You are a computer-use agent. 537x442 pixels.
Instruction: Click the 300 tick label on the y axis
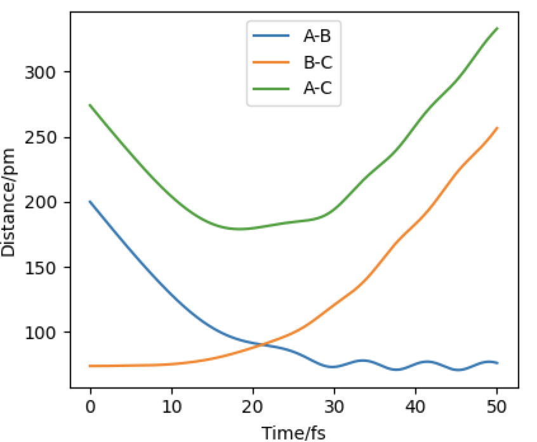point(42,72)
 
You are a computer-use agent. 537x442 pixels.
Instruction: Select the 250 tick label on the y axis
point(42,138)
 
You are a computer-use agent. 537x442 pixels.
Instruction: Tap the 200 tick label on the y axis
point(42,203)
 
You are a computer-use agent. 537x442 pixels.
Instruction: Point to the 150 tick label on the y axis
point(42,268)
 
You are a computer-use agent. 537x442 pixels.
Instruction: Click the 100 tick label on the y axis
point(42,333)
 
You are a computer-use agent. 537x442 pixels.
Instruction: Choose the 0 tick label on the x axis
point(90,405)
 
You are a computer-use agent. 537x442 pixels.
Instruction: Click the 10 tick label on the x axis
point(171,405)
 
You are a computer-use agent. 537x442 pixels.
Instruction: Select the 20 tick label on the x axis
point(253,405)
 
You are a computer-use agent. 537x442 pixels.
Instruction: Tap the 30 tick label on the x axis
point(334,405)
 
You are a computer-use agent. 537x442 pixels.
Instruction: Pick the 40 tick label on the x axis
point(416,405)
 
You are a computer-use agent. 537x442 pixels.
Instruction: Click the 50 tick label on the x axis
point(497,405)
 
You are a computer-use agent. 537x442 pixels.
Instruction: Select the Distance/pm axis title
point(9,202)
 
